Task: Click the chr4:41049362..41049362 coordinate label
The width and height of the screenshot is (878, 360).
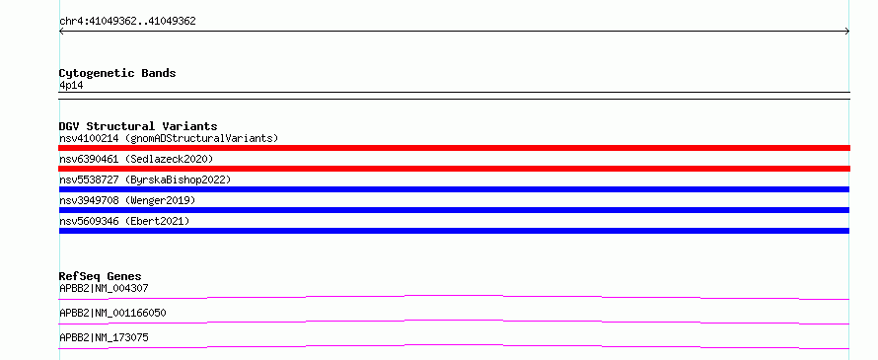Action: (x=127, y=22)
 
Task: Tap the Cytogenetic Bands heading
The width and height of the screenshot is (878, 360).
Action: (x=117, y=73)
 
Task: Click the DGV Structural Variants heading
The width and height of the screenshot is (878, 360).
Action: (x=138, y=126)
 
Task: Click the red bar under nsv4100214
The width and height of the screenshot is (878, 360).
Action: (x=454, y=148)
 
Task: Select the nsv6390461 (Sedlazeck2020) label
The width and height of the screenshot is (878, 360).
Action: (x=136, y=159)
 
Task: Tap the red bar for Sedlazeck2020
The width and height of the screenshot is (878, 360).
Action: (x=454, y=169)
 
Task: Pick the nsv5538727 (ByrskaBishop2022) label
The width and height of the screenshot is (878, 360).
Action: (x=145, y=180)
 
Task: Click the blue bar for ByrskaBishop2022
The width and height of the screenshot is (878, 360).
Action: (x=454, y=189)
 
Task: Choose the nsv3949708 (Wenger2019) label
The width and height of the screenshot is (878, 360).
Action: (x=127, y=200)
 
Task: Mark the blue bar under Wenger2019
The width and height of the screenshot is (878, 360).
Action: (x=454, y=210)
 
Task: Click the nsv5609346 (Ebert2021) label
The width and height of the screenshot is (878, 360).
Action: (x=124, y=221)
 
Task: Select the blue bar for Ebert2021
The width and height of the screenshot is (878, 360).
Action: (x=454, y=231)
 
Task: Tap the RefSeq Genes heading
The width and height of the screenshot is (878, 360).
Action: (x=101, y=276)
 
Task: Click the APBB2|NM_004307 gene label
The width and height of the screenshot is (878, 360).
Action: (x=104, y=288)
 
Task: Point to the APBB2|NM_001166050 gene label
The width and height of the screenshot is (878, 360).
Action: (x=112, y=313)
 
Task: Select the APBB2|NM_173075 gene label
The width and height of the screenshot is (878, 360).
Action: (x=104, y=337)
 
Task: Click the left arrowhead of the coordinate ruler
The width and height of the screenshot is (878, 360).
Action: (x=60, y=32)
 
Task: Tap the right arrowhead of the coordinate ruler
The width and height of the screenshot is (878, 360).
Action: (x=848, y=32)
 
